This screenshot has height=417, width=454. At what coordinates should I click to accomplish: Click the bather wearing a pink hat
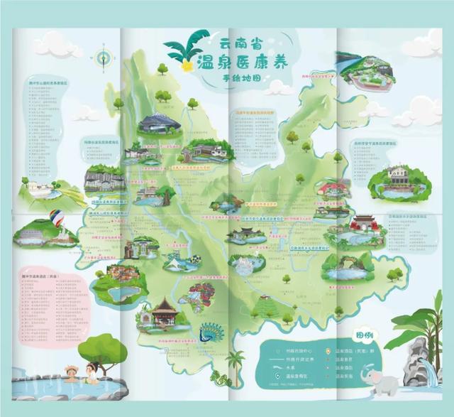[x=70, y=372]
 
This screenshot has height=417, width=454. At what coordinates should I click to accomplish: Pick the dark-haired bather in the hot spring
[x=91, y=369]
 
